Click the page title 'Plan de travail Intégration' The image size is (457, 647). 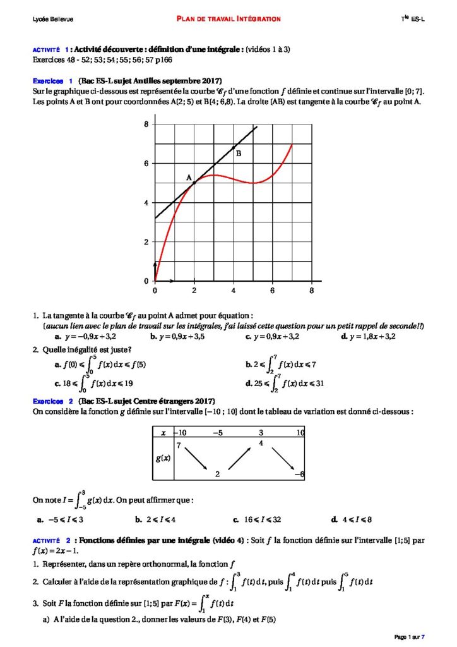pyautogui.click(x=228, y=19)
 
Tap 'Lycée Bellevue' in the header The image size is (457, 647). pyautogui.click(x=53, y=20)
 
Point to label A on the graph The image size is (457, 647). pyautogui.click(x=188, y=178)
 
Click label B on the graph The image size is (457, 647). pyautogui.click(x=238, y=153)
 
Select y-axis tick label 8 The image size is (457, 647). pyautogui.click(x=146, y=124)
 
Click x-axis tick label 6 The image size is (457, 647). pyautogui.click(x=272, y=291)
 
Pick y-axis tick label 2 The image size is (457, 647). pyautogui.click(x=146, y=242)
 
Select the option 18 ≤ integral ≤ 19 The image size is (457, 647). pyautogui.click(x=94, y=382)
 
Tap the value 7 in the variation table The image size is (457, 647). pyautogui.click(x=179, y=446)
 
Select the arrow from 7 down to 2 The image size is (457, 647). pyautogui.click(x=196, y=459)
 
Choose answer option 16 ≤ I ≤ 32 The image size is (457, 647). pyautogui.click(x=262, y=520)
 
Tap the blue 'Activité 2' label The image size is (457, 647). pyautogui.click(x=50, y=541)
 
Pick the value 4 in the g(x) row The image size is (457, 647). pyautogui.click(x=261, y=444)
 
